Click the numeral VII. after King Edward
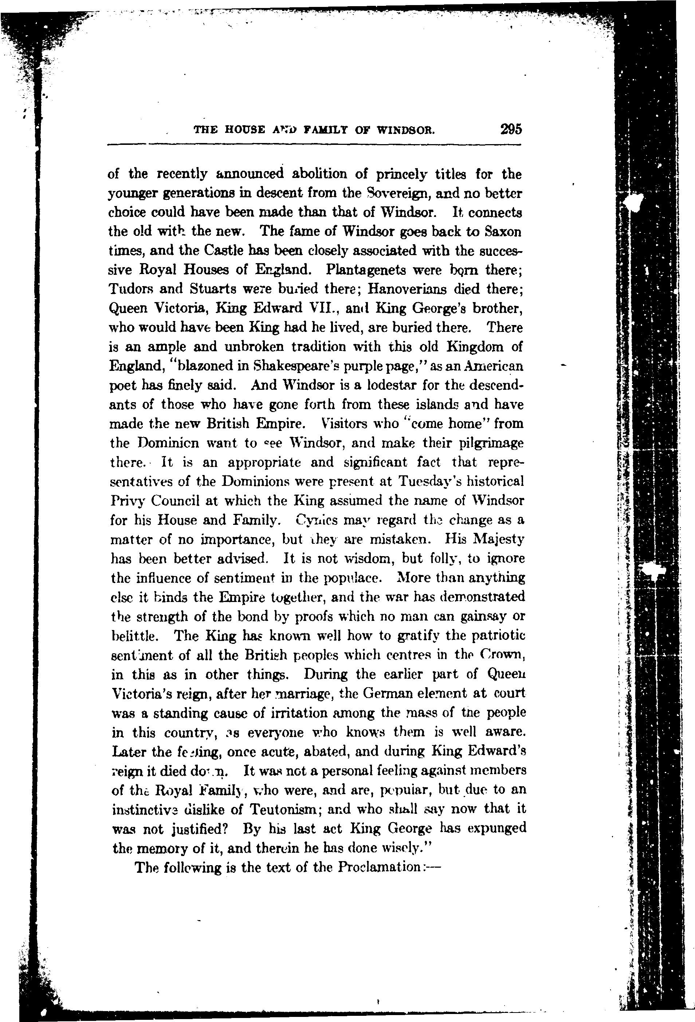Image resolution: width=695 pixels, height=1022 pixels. [323, 308]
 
